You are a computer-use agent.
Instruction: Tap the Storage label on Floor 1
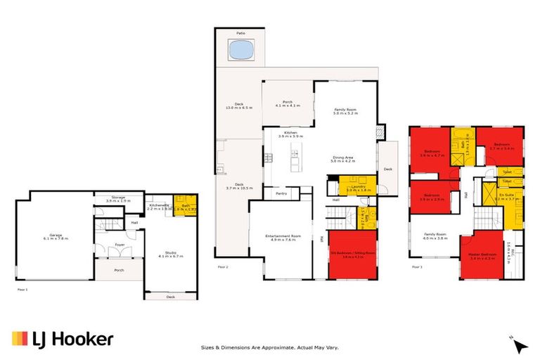point(117,199)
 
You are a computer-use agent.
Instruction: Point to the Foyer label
point(120,245)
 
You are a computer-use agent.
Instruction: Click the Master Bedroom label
point(480,256)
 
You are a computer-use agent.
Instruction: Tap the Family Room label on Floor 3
point(435,236)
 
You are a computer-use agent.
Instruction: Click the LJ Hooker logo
point(63,339)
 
